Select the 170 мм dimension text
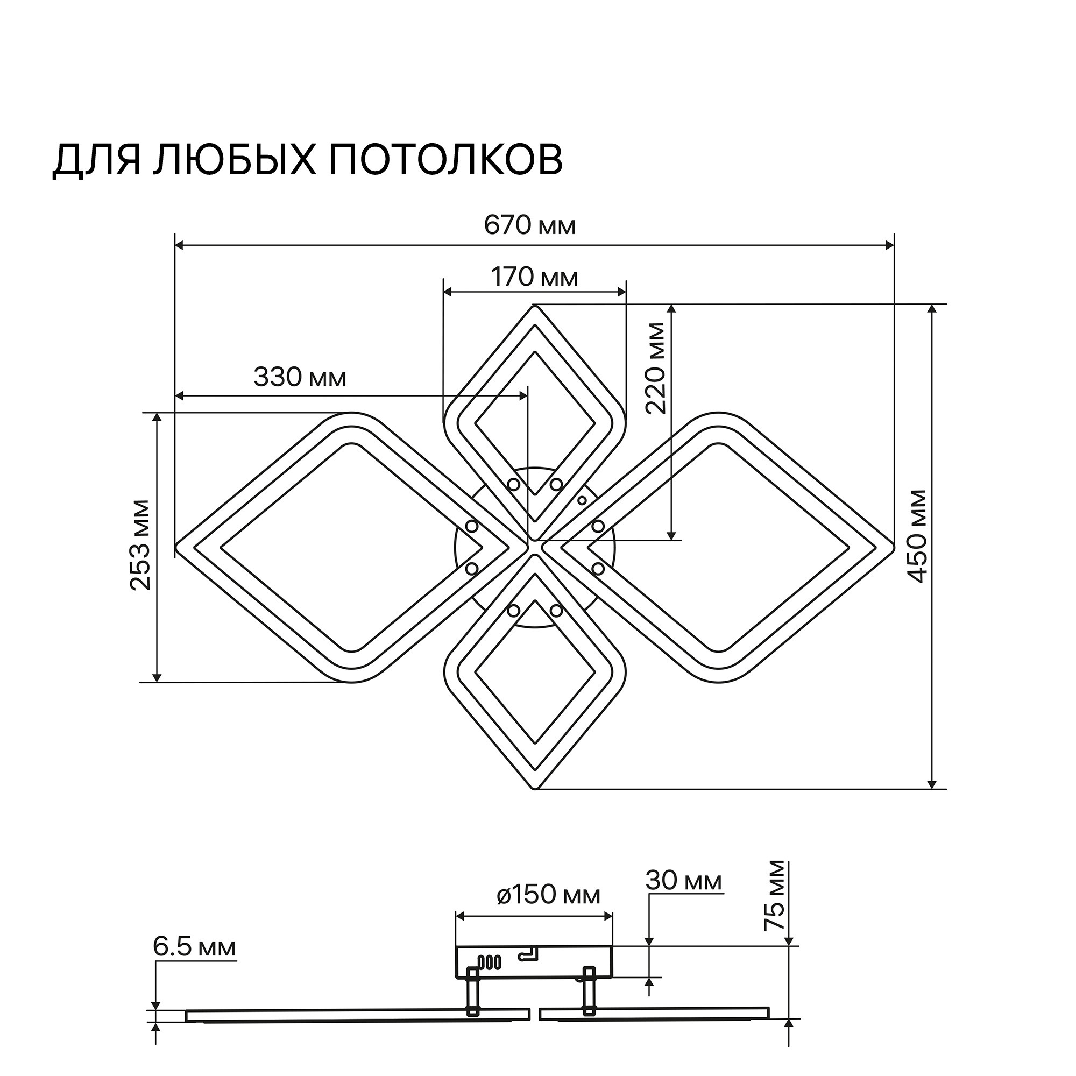click(535, 277)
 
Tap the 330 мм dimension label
click(300, 378)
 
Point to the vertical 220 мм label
click(656, 368)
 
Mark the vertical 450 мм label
click(917, 536)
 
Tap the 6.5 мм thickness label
click(194, 947)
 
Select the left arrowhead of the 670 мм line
click(179, 244)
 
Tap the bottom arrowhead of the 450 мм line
click(932, 784)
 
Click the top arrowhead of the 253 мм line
click(158, 417)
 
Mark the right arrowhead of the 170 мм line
click(622, 291)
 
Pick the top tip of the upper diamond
click(535, 306)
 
